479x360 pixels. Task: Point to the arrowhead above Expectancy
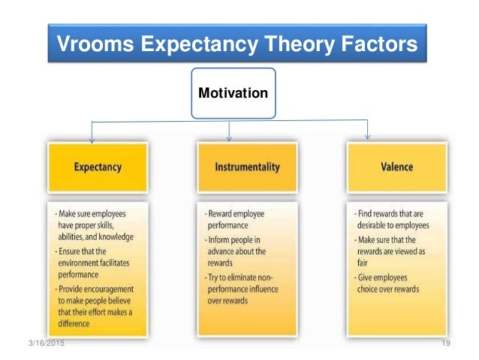(x=92, y=138)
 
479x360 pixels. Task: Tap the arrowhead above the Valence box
(x=367, y=136)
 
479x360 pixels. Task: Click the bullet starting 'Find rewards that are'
(x=396, y=219)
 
